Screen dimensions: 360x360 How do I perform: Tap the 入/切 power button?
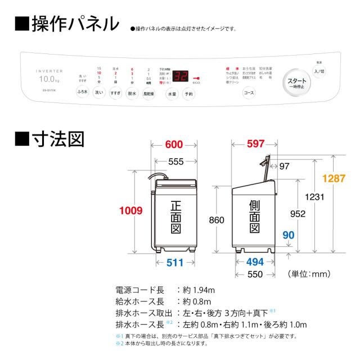tap(319, 71)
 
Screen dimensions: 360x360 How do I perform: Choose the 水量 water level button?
tap(172, 94)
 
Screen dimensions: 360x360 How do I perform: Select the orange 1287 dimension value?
tap(334, 178)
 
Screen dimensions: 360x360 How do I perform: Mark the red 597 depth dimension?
tap(255, 144)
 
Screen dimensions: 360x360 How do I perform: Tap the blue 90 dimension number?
tap(288, 235)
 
